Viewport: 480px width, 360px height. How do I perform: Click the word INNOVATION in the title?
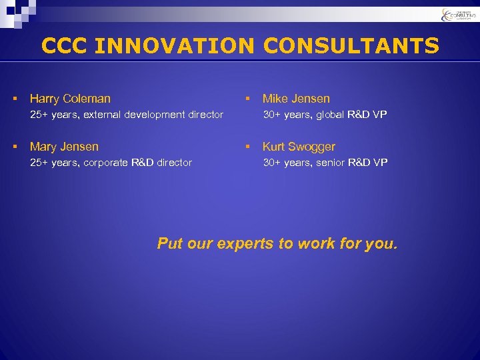pos(175,46)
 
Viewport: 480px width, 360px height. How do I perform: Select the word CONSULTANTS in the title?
pos(351,46)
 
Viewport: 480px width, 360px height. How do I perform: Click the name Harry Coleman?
pos(70,99)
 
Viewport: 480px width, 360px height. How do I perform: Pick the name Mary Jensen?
pos(64,147)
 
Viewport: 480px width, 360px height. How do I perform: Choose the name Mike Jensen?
pos(296,99)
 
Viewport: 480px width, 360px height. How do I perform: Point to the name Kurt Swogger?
pos(299,147)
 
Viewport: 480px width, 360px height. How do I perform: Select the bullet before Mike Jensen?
pos(247,99)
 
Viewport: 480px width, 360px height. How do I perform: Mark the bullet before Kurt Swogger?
pos(247,147)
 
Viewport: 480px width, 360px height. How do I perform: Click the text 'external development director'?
pos(153,115)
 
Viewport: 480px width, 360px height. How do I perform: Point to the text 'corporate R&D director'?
pos(137,163)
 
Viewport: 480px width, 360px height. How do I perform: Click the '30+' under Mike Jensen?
pos(272,115)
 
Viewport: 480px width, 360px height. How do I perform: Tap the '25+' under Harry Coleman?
pos(39,115)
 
